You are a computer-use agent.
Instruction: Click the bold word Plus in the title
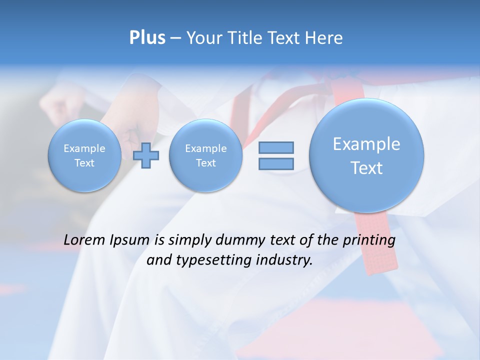point(147,38)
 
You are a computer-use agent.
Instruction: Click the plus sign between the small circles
point(146,155)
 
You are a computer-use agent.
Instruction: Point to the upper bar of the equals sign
point(276,147)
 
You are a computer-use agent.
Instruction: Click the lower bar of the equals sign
point(276,163)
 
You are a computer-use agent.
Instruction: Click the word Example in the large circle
point(366,144)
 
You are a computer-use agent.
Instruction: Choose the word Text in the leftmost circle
point(84,163)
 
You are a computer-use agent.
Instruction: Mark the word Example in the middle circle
point(205,148)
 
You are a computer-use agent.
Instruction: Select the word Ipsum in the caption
point(129,240)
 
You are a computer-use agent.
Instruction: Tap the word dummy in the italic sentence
point(238,240)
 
